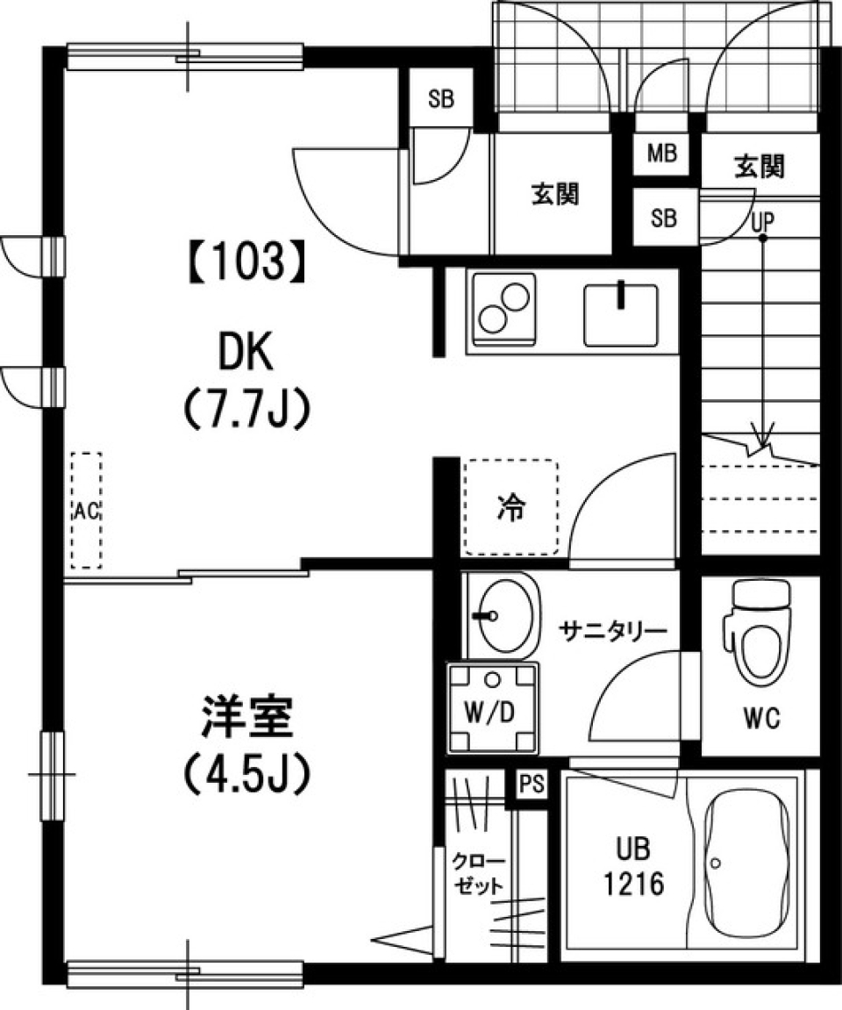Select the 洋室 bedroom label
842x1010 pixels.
click(248, 717)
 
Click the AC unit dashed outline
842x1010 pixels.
click(86, 510)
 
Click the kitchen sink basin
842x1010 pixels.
click(621, 315)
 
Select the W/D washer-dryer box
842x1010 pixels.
click(493, 708)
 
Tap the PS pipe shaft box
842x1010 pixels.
click(532, 784)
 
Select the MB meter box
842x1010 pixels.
click(661, 154)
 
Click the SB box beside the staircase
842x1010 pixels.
click(664, 217)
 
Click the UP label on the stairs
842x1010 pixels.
click(763, 222)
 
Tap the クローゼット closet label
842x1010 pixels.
click(478, 873)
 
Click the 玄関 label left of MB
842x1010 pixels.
click(555, 193)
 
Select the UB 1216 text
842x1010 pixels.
click(632, 866)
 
